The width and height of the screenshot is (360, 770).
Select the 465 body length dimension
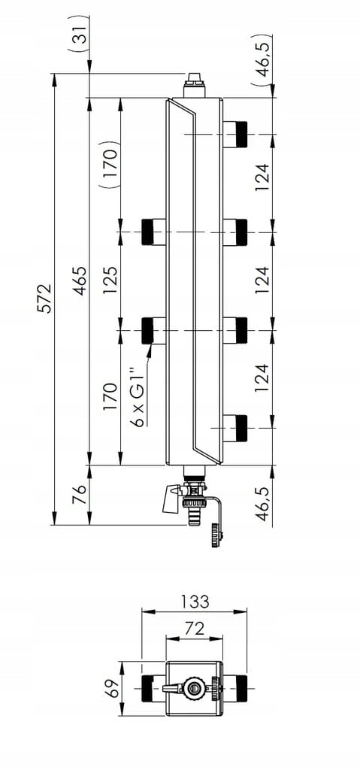coord(80,281)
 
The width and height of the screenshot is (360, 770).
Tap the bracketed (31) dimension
coord(80,30)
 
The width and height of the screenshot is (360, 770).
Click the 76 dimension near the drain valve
coord(80,495)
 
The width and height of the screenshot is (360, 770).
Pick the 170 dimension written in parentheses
coord(110,165)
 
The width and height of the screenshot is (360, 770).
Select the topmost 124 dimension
coord(263,177)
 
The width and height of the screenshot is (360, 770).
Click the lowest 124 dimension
coord(263,378)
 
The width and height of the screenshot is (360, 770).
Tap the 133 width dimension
coord(195,601)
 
